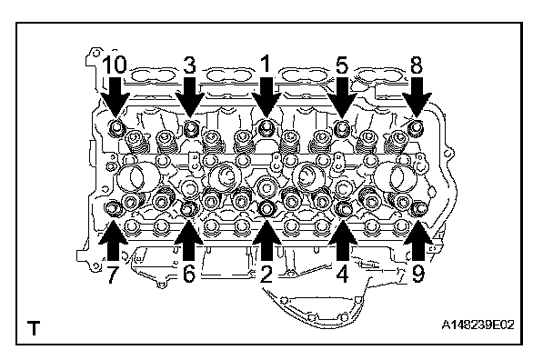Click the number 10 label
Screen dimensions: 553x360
click(x=115, y=65)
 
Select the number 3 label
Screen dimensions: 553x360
click(x=190, y=65)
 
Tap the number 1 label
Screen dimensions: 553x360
click(x=266, y=64)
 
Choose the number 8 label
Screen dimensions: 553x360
click(x=417, y=65)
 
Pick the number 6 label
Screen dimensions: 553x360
click(x=189, y=273)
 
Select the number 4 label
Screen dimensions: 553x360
click(x=343, y=274)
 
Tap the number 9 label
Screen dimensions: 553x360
click(x=418, y=274)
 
